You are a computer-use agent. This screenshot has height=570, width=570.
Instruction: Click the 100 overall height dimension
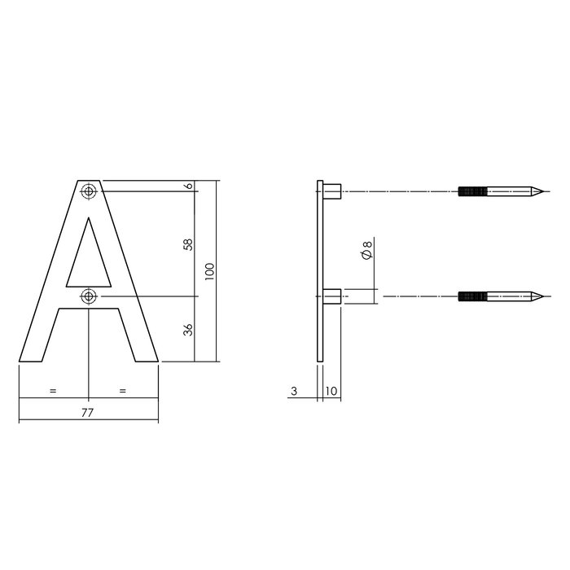coord(209,271)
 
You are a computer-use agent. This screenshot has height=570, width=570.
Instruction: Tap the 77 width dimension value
coord(88,413)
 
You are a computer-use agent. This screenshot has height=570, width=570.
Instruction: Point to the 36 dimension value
coord(189,330)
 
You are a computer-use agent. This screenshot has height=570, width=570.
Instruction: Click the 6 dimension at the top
coord(189,186)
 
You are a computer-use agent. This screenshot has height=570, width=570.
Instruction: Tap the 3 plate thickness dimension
coord(293,392)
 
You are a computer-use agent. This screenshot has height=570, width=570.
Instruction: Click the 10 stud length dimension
coord(331,392)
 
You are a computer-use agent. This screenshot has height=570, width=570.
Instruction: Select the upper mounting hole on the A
coord(88,191)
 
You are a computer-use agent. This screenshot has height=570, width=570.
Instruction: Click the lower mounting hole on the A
coord(88,296)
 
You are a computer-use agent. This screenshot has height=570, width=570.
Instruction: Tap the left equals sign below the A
coord(53,392)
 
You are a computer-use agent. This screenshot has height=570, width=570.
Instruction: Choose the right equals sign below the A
coord(123,392)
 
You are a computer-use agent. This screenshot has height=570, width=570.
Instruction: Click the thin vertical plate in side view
coord(320,269)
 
